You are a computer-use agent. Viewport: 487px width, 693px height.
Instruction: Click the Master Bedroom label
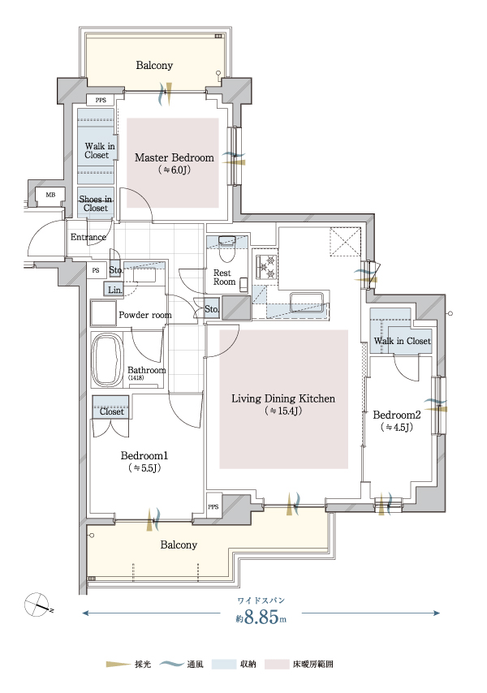point(175,157)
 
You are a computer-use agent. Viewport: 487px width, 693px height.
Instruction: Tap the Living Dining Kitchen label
point(283,398)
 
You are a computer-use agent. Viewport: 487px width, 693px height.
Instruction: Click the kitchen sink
point(307,303)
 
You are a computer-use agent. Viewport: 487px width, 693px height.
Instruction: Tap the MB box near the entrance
point(50,195)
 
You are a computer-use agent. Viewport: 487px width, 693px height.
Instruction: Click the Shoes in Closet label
point(96,204)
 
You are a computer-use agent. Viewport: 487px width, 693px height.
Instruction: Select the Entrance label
point(88,237)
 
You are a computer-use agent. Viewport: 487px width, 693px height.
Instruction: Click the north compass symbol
point(37,605)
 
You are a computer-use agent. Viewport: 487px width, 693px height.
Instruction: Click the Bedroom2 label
point(396,415)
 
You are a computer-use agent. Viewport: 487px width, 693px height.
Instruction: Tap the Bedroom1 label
point(144,456)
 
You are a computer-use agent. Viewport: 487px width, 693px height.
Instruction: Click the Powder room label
point(145,315)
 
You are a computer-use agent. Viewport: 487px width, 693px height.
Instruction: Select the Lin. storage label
point(115,290)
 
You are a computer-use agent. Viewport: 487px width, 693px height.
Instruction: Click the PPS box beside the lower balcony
point(213,507)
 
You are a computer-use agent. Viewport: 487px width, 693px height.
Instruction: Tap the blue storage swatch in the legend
point(224,664)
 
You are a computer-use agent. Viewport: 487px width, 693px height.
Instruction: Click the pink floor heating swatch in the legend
point(277,664)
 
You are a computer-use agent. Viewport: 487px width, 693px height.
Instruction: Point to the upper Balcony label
point(154,66)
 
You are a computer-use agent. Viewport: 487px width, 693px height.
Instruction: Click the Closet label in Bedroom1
point(111,411)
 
